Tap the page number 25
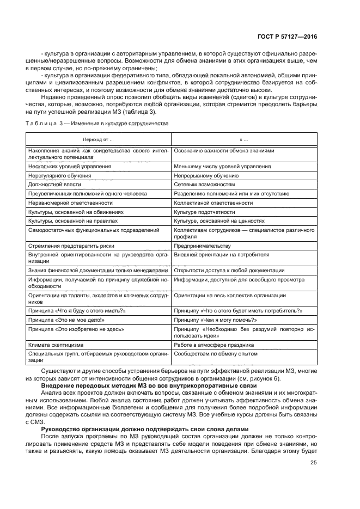(313, 463)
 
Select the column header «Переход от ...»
(98, 139)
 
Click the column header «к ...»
(243, 139)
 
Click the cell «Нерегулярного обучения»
(59, 176)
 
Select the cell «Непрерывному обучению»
(206, 176)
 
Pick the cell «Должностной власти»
(54, 185)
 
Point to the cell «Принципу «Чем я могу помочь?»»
(217, 320)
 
